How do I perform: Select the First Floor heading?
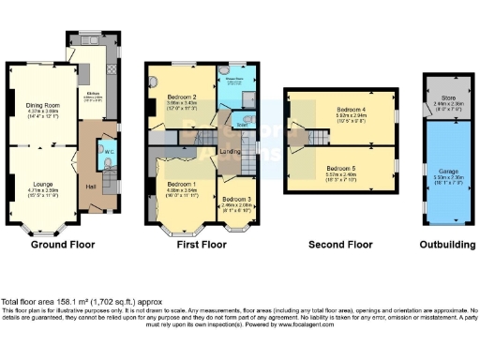tap(202, 244)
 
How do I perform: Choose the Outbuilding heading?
tap(444, 244)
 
